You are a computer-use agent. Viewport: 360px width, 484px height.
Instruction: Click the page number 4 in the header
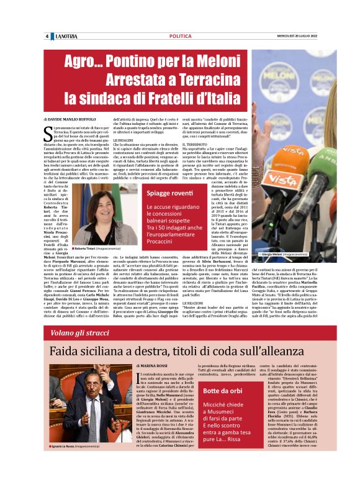[47, 37]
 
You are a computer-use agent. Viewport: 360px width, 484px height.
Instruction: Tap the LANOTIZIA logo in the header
[65, 37]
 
